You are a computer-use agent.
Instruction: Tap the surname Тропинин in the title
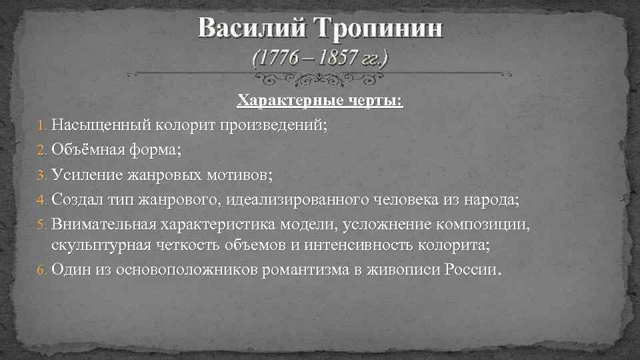point(378,29)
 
